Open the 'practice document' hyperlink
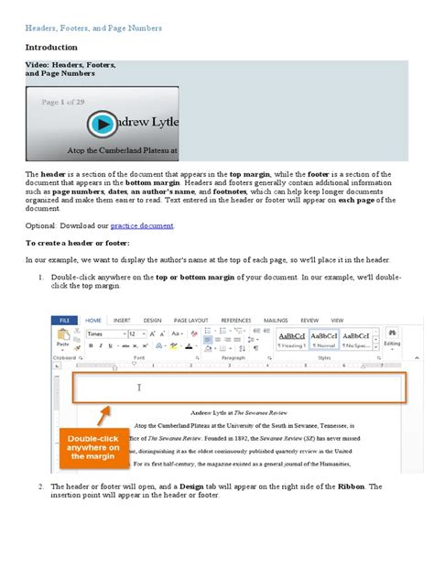coord(142,224)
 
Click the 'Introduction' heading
coord(51,47)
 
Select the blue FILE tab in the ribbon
coord(63,320)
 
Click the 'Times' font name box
coord(103,334)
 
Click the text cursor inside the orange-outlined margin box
coord(139,388)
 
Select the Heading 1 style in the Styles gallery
coord(293,340)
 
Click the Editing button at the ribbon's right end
coord(392,338)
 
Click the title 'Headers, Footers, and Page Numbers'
coord(93,28)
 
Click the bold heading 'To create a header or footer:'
coord(78,243)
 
